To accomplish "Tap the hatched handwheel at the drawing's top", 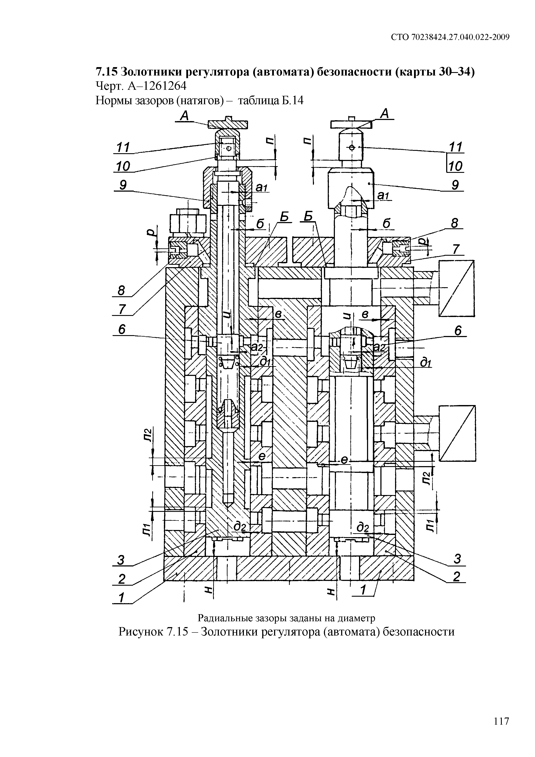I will pos(228,124).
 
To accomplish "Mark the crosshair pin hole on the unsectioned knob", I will pos(351,148).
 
